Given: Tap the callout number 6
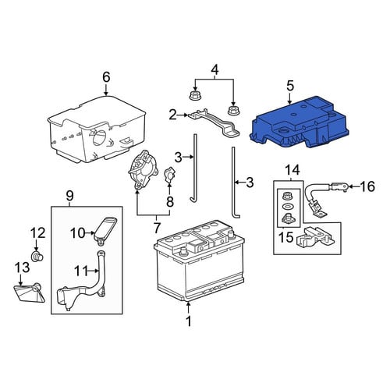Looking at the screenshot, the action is click(x=106, y=77).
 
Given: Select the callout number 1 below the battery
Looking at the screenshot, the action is click(x=189, y=321).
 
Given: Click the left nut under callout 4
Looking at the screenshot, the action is click(x=193, y=95).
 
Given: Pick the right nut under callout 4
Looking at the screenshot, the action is click(x=233, y=110).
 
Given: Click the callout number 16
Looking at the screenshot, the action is click(x=367, y=186).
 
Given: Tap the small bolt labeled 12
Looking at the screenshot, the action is click(x=37, y=257).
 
